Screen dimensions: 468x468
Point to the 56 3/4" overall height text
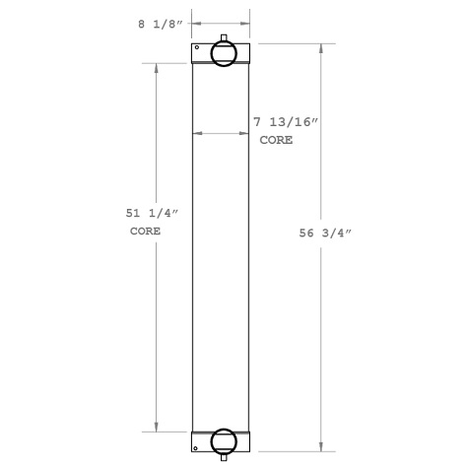point(324,234)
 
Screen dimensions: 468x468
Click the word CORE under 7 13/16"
point(275,142)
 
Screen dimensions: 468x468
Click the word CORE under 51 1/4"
point(146,232)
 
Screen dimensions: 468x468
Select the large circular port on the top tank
point(224,55)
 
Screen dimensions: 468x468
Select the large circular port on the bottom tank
point(224,440)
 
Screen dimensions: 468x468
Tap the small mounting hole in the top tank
point(197,48)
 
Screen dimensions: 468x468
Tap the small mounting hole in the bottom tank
point(197,446)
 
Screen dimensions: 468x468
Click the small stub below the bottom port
point(224,456)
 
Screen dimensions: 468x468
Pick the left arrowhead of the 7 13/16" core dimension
point(196,133)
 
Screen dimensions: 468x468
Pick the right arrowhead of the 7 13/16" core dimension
point(246,133)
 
